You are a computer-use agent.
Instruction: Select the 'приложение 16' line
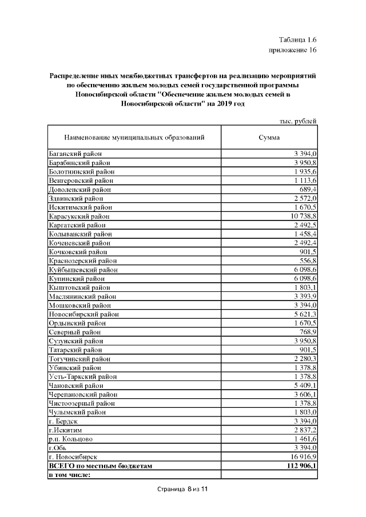293,50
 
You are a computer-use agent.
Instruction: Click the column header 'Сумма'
269,138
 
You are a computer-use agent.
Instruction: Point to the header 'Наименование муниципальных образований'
134,138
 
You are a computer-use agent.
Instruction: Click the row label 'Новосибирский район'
83,314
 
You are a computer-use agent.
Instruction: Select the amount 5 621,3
304,314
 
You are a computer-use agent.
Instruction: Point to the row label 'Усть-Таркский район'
82,376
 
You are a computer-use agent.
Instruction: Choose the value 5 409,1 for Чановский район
304,386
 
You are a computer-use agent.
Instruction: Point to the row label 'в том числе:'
70,474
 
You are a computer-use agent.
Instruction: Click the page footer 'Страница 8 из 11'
183,490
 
